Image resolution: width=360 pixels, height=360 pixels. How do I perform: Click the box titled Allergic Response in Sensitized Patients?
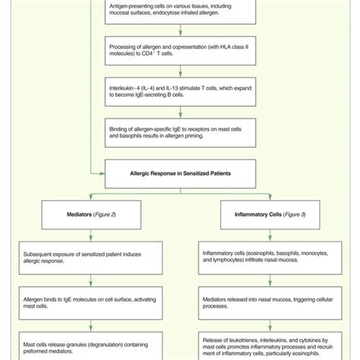pyautogui.click(x=179, y=174)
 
